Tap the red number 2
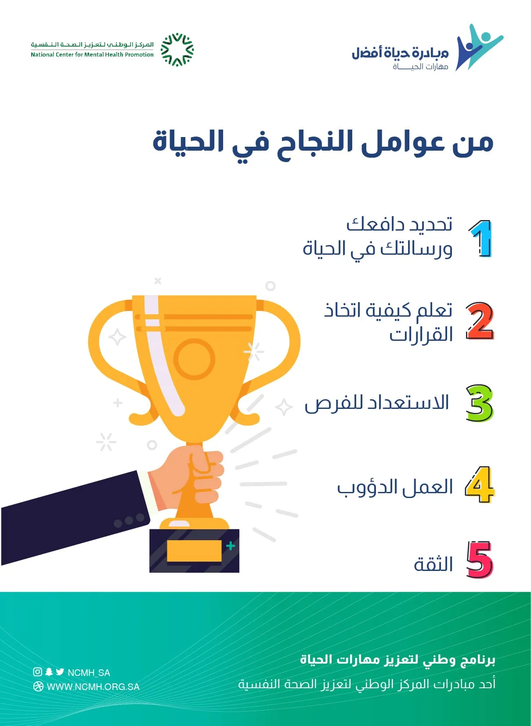pos(480,321)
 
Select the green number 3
pos(480,403)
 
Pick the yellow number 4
pos(480,485)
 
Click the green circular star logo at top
pos(177,50)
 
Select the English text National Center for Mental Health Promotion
pos(92,54)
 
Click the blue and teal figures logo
pos(480,47)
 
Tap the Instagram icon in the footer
pos(38,672)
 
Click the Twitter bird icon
pos(60,672)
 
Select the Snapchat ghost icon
pos(49,672)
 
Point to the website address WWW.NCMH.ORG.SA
pos(93,687)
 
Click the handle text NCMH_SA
pos(89,673)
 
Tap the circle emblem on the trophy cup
pos(194,359)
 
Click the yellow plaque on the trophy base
pos(194,551)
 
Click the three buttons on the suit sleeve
pos(129,520)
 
